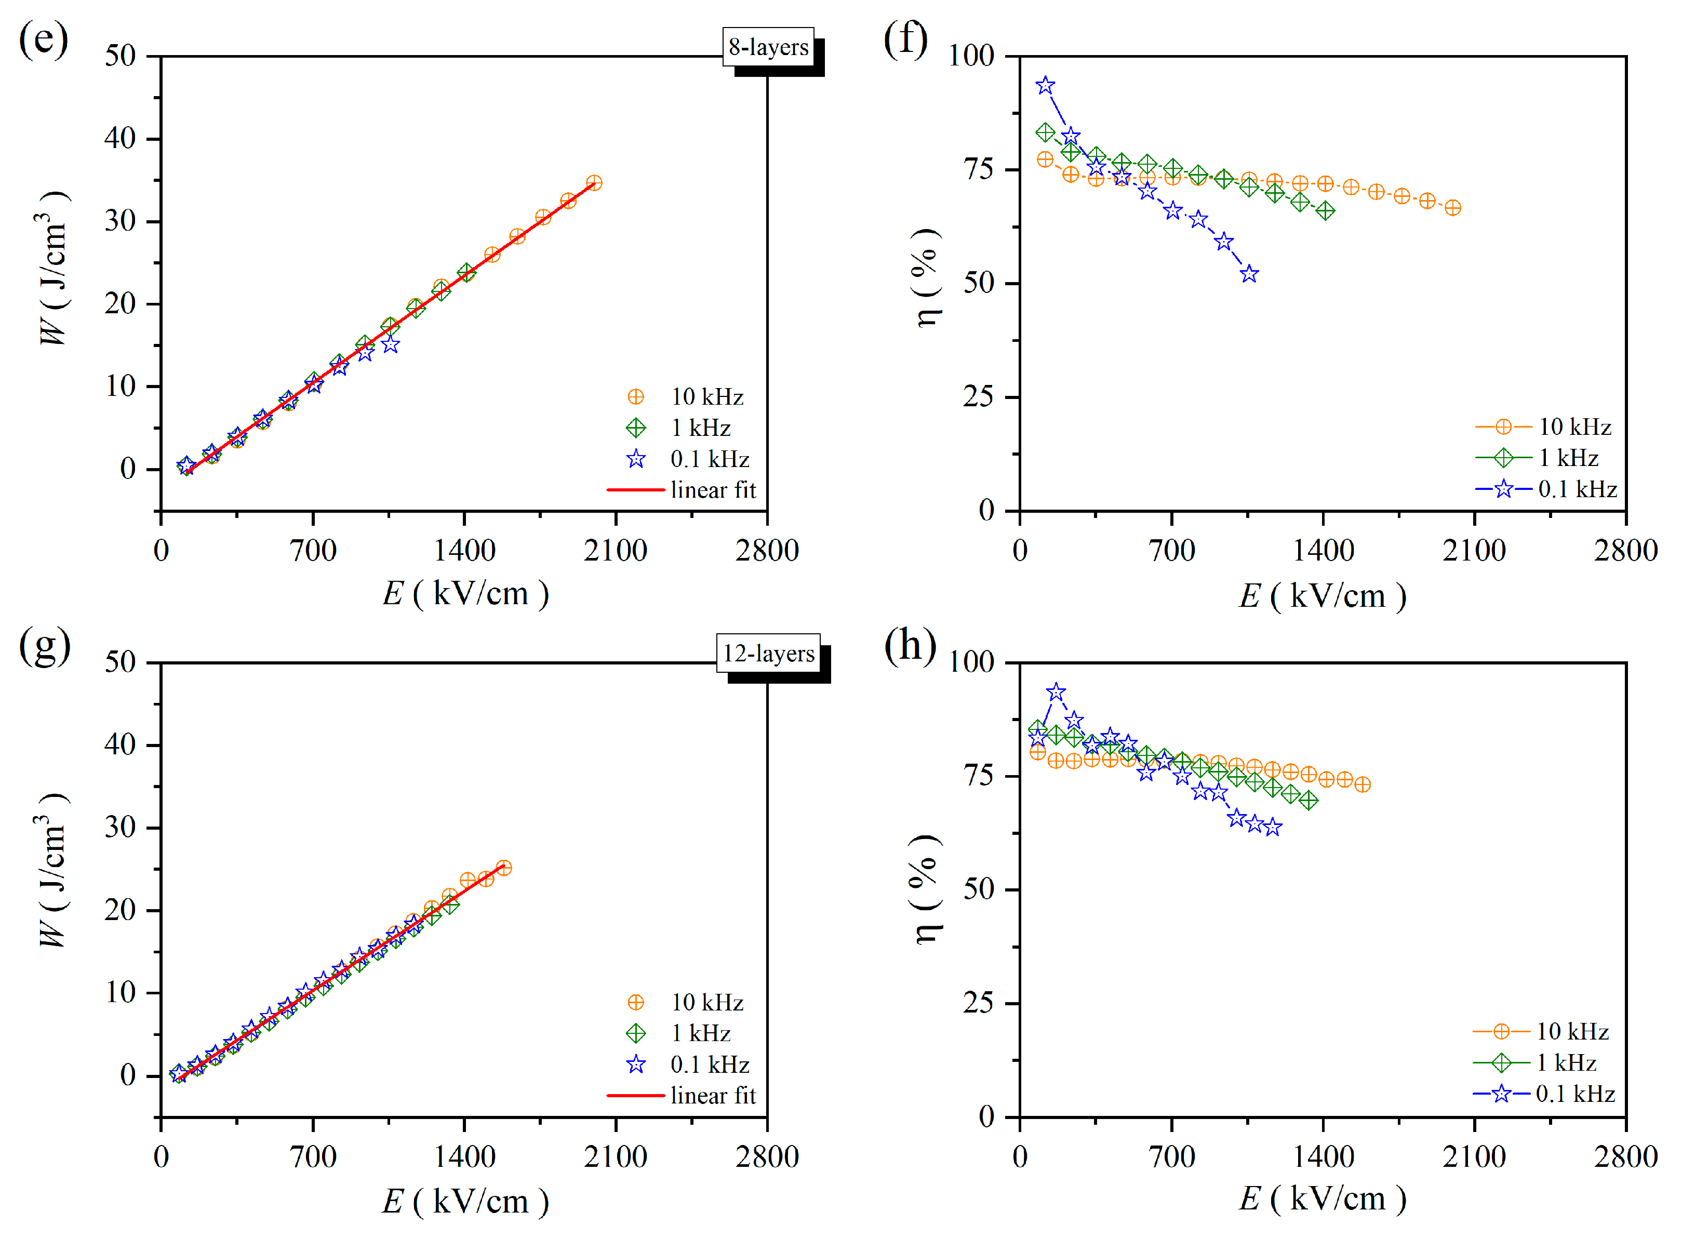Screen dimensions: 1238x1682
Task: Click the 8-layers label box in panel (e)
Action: (x=768, y=47)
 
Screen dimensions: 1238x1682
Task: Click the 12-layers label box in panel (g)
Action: (x=768, y=654)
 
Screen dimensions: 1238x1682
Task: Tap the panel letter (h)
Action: (x=909, y=645)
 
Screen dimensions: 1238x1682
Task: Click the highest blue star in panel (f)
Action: (x=1045, y=85)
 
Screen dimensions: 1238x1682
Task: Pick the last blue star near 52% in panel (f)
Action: (x=1248, y=274)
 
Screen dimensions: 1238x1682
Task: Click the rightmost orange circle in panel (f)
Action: (x=1452, y=208)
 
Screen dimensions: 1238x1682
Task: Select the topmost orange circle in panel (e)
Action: (x=593, y=183)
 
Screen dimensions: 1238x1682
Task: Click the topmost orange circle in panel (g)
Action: (x=503, y=868)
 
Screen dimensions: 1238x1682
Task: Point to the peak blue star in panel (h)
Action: (x=1056, y=691)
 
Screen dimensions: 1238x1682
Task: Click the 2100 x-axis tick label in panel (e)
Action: (x=615, y=551)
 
